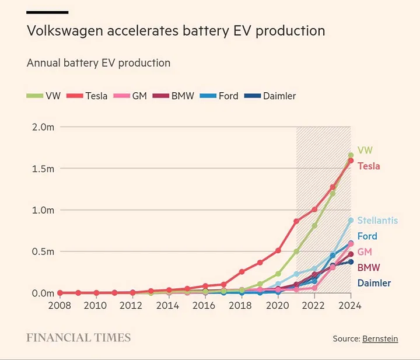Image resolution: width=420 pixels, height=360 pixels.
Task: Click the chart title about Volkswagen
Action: [x=176, y=31]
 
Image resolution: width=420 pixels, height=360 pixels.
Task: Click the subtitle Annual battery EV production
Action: [x=99, y=63]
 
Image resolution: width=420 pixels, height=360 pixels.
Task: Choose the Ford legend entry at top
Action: [x=220, y=96]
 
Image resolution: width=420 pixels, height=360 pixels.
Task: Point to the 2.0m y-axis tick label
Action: [x=42, y=127]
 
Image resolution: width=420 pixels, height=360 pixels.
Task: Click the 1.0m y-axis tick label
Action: [x=42, y=210]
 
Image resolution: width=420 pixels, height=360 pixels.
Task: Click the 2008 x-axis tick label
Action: [x=60, y=305]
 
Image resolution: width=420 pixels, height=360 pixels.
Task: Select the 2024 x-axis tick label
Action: [x=350, y=305]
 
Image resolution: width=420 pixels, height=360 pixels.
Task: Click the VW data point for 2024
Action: [x=351, y=155]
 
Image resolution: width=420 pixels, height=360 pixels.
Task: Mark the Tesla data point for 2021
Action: [x=296, y=221]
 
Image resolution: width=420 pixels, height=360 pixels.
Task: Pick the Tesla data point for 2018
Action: [x=242, y=271]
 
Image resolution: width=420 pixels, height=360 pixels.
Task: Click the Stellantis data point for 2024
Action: [x=351, y=220]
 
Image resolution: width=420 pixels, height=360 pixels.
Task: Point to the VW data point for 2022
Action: [x=314, y=225]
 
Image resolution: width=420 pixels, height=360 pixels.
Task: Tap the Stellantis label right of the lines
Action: [x=377, y=221]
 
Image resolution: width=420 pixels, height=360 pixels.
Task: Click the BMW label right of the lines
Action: [x=368, y=268]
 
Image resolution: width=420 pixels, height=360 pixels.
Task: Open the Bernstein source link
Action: [x=380, y=338]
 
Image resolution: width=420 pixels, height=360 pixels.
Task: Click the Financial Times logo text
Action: [x=79, y=338]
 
